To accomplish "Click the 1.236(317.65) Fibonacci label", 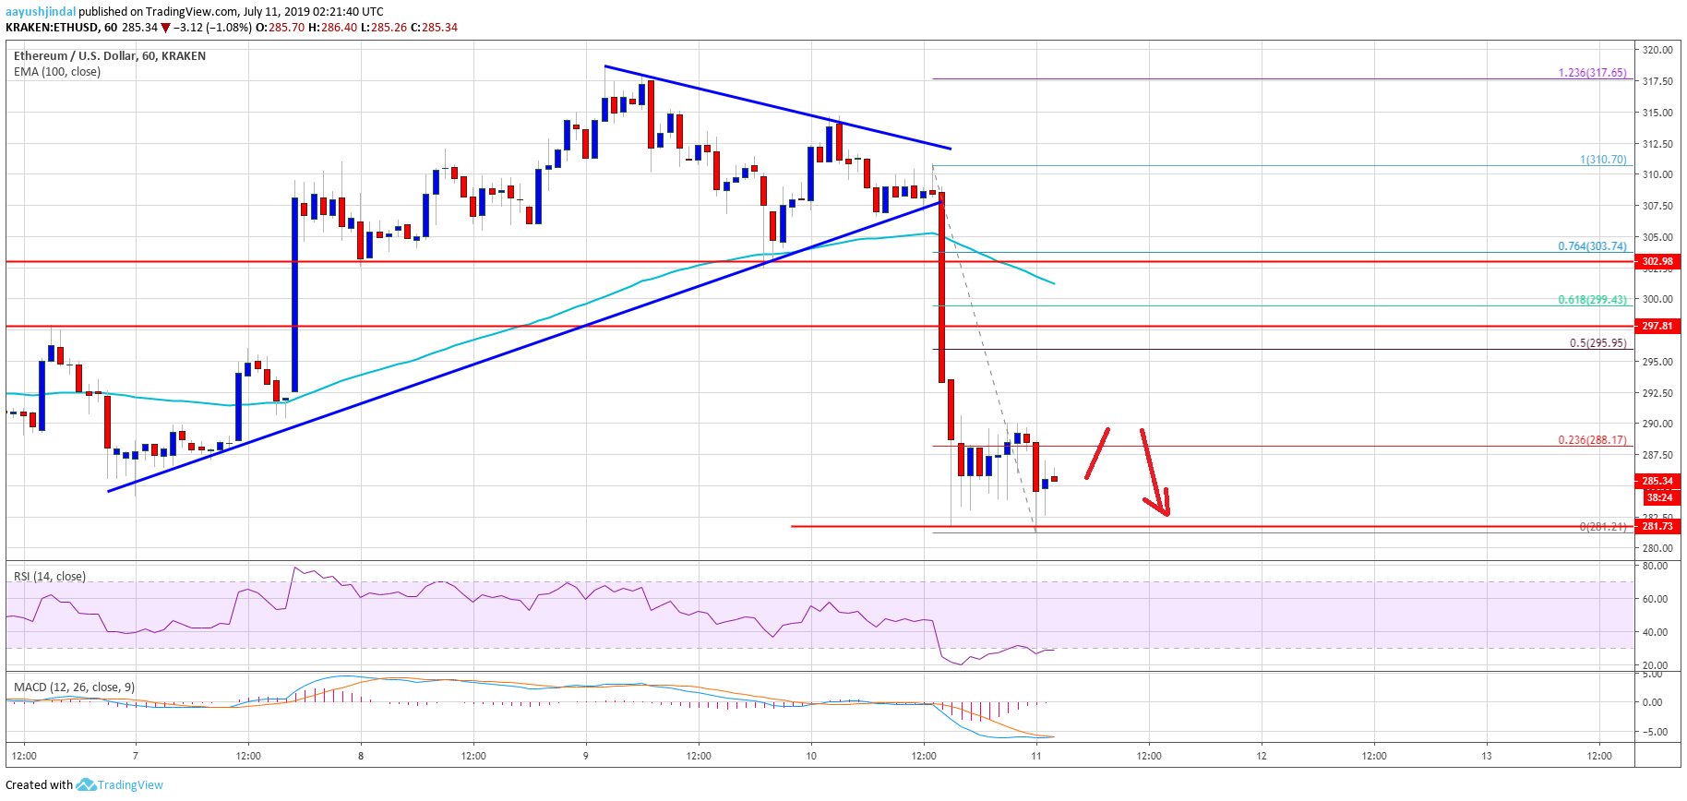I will coord(1592,73).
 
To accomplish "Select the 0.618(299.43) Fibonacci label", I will coord(1592,300).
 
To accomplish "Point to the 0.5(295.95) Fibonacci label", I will coord(1597,343).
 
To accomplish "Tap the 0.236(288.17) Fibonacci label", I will coord(1592,440).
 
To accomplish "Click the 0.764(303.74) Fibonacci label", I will coord(1592,246).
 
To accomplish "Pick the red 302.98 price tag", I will coord(1657,261).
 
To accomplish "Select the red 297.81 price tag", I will coord(1657,326).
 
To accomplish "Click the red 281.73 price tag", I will coord(1657,526).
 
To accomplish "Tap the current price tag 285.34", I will coord(1657,481).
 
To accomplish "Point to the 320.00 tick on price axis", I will coord(1657,50).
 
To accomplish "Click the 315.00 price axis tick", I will coord(1657,113).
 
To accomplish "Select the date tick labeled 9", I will coord(586,756).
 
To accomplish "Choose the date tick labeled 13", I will coord(1487,756).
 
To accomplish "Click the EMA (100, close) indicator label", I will coord(57,72).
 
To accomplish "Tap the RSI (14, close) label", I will coord(50,577).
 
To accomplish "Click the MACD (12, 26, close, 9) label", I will coord(74,687).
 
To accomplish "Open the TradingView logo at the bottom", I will coord(120,785).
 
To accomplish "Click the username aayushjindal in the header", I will coord(40,12).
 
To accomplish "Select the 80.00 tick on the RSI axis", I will coord(1655,566).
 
